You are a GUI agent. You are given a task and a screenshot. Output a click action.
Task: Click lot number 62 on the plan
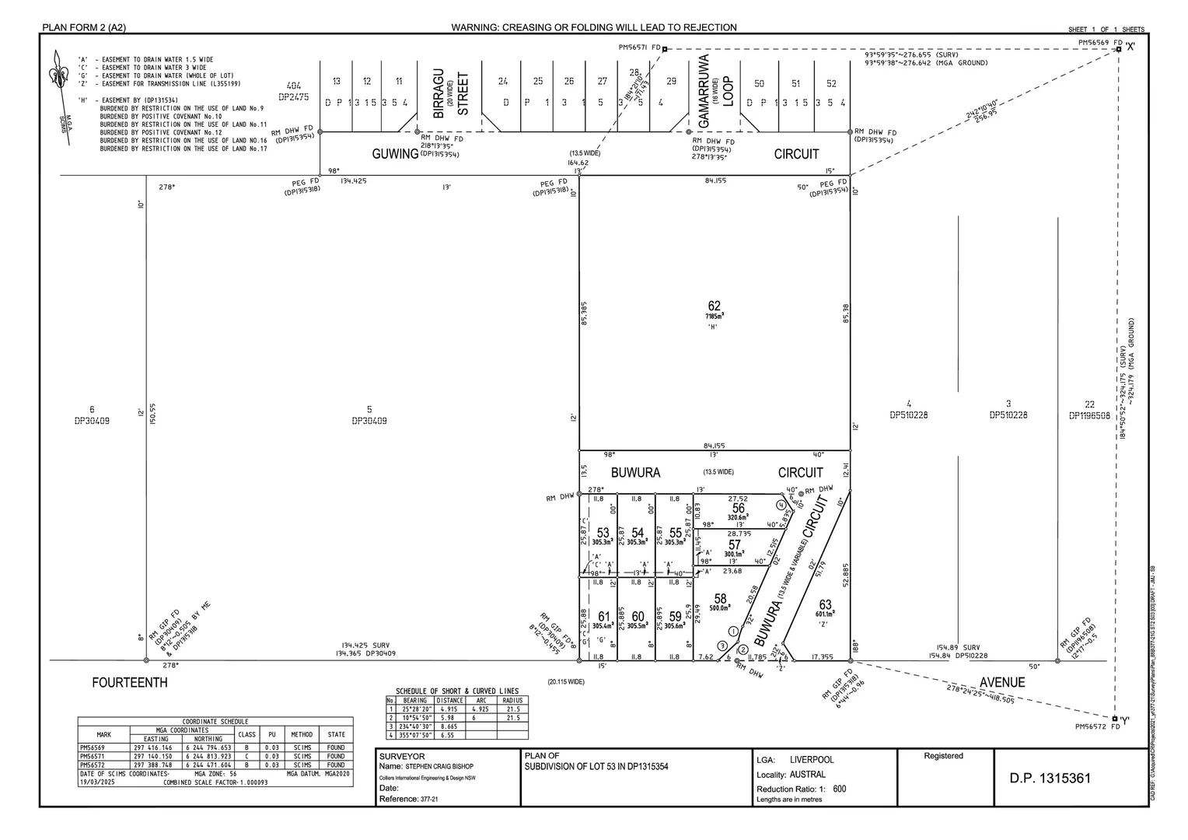(x=714, y=306)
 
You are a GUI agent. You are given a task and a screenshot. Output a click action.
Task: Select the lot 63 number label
(x=825, y=604)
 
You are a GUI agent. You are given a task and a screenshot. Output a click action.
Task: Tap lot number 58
(x=720, y=599)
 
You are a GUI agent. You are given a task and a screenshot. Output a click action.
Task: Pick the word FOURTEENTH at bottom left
(x=129, y=683)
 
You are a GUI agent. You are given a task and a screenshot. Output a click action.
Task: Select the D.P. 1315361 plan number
(x=1050, y=779)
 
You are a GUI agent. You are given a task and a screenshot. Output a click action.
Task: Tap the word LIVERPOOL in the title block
(x=811, y=760)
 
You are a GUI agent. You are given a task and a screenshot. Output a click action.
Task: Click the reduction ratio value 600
(x=839, y=789)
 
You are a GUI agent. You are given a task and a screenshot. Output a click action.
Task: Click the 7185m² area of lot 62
(x=715, y=317)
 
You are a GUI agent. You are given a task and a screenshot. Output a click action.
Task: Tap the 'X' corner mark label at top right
(x=1130, y=47)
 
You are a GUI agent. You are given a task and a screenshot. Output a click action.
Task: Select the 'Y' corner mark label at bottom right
(x=1125, y=719)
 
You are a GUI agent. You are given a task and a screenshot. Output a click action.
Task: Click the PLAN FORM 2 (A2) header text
(x=84, y=28)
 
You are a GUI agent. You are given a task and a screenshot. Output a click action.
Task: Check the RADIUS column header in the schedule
(x=512, y=700)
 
